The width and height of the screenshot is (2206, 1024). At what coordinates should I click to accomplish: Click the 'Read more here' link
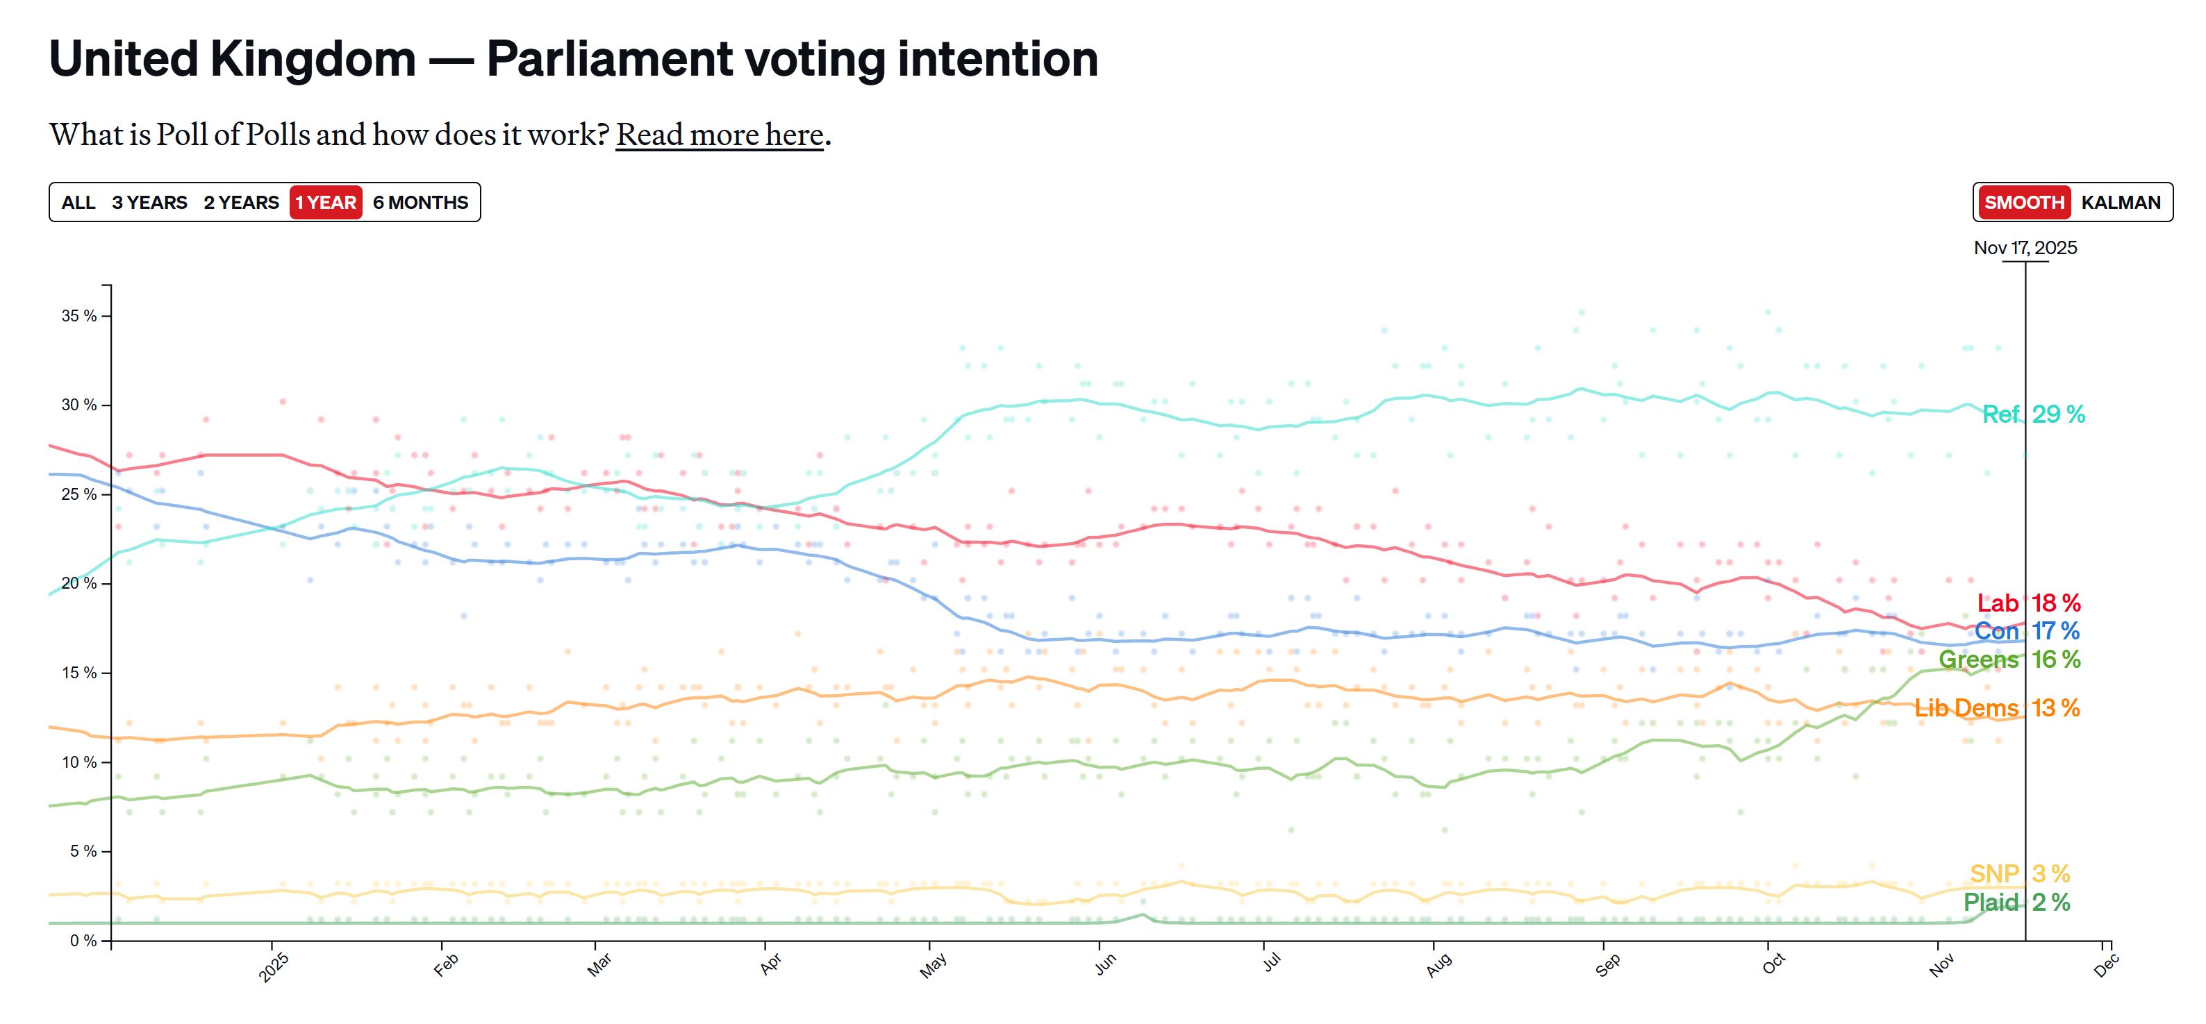tap(720, 135)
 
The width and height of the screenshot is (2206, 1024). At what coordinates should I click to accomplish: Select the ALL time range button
tap(78, 203)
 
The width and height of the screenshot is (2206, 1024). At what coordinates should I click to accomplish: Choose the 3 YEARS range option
tap(149, 203)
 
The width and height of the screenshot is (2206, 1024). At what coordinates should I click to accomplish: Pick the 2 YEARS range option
tap(240, 203)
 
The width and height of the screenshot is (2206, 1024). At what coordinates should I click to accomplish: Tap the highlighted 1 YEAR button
tap(326, 203)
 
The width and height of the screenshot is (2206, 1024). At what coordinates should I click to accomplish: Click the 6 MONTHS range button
tap(420, 203)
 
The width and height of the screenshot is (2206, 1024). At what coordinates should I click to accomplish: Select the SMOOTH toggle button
tap(2023, 203)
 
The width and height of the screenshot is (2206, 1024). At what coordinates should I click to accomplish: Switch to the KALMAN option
tap(2121, 203)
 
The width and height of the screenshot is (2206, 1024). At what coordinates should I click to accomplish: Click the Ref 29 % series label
tap(2033, 414)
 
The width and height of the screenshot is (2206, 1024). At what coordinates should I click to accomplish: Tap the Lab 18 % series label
tap(2028, 603)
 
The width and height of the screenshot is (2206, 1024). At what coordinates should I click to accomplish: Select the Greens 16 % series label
tap(2009, 660)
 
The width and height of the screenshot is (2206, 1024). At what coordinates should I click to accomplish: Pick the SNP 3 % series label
tap(2019, 873)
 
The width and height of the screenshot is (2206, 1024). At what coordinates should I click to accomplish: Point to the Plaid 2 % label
tap(2016, 902)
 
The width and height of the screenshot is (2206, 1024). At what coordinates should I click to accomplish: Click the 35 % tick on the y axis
tap(78, 316)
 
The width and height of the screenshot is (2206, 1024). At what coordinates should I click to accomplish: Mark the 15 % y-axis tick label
tap(78, 673)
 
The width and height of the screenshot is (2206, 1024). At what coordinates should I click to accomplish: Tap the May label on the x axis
tap(933, 966)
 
